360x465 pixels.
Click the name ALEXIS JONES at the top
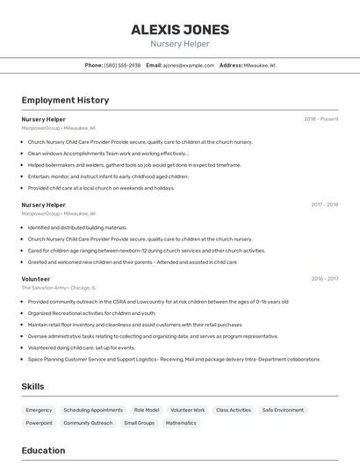pyautogui.click(x=179, y=29)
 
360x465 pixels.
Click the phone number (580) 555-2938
pyautogui.click(x=122, y=65)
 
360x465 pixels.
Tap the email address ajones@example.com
pyautogui.click(x=188, y=65)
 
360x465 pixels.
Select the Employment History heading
pyautogui.click(x=65, y=100)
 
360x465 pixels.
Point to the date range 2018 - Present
pyautogui.click(x=320, y=119)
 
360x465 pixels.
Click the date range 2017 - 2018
pyautogui.click(x=324, y=205)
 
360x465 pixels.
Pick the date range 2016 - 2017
pyautogui.click(x=324, y=279)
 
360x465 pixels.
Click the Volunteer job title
pyautogui.click(x=36, y=279)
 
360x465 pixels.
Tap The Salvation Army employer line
pyautogui.click(x=59, y=287)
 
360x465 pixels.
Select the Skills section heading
pyautogui.click(x=32, y=386)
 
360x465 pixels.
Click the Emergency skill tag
pyautogui.click(x=39, y=410)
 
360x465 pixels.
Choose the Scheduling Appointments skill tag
pyautogui.click(x=93, y=410)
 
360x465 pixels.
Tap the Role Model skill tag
pyautogui.click(x=147, y=410)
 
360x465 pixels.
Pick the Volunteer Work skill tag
pyautogui.click(x=187, y=410)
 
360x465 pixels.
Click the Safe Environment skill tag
pyautogui.click(x=283, y=410)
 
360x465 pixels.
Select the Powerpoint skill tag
pyautogui.click(x=39, y=423)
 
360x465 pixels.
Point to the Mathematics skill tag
pyautogui.click(x=181, y=423)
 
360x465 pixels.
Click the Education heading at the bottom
pyautogui.click(x=43, y=451)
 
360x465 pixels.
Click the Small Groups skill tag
pyautogui.click(x=139, y=423)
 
